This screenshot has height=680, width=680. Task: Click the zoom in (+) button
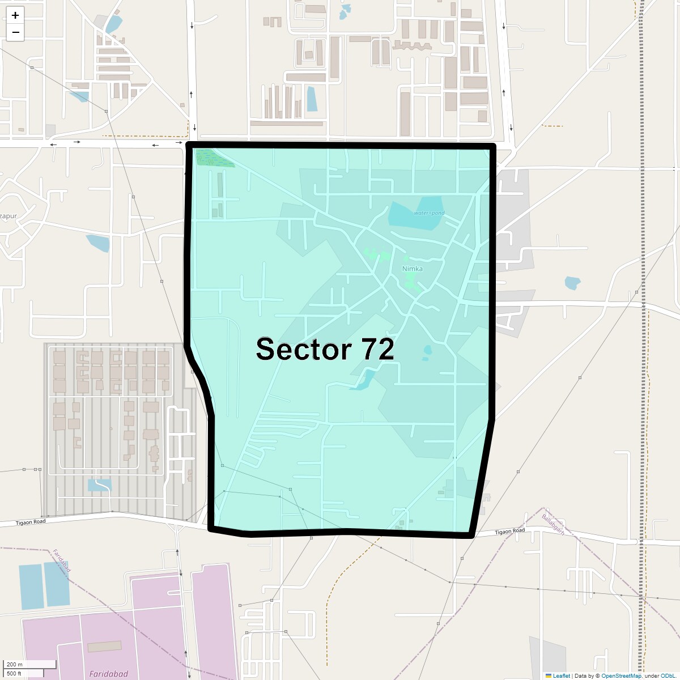click(15, 15)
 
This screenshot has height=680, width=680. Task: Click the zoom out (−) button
click(15, 32)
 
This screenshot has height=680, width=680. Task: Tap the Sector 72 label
click(325, 349)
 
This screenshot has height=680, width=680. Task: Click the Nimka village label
click(412, 269)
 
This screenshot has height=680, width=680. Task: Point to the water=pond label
click(429, 213)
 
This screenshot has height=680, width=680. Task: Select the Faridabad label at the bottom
click(108, 674)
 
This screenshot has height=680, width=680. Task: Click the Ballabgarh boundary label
click(553, 525)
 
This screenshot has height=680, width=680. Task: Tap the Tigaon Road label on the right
click(510, 532)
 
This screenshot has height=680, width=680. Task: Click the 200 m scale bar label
click(15, 664)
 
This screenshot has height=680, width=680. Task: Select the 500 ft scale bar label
click(14, 673)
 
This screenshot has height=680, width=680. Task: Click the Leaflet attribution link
click(561, 675)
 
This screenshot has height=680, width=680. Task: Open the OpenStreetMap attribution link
click(621, 675)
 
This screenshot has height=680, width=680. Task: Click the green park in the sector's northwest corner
click(213, 158)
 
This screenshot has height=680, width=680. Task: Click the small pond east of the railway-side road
click(572, 283)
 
